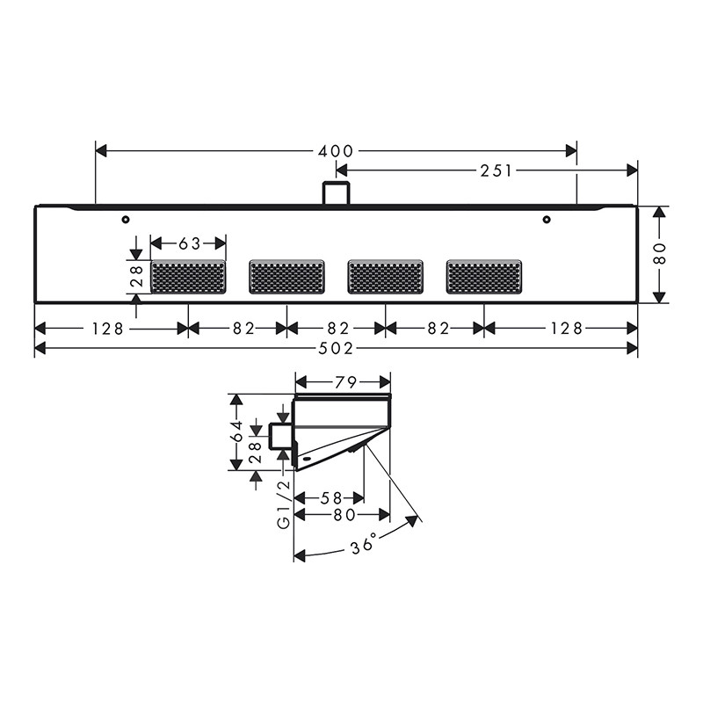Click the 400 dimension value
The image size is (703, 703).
336,151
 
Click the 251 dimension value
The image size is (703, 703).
496,170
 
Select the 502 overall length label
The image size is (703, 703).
336,348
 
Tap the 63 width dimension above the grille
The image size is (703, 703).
189,244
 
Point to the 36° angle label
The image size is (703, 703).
362,545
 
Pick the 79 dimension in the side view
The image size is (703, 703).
345,382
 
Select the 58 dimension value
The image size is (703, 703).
331,498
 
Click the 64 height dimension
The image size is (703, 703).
237,431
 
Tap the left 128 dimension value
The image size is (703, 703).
107,329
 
